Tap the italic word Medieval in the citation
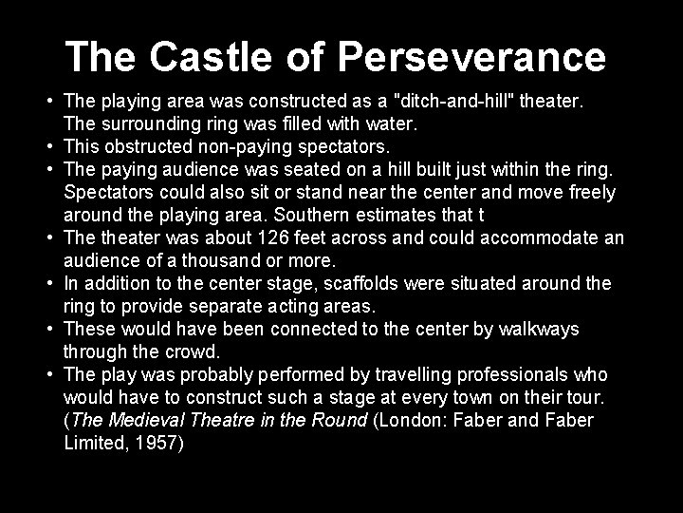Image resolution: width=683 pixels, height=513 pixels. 151,420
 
